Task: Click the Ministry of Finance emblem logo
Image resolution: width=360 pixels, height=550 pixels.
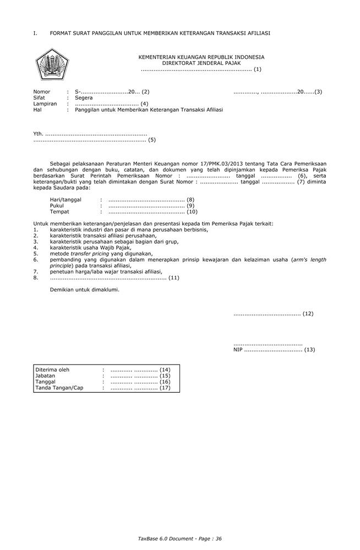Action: pos(52,64)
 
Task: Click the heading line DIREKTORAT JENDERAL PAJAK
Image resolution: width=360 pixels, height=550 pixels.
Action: pos(201,63)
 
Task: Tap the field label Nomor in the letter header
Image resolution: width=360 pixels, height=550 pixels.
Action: pos(42,92)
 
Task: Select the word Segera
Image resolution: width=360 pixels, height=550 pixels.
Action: pos(84,98)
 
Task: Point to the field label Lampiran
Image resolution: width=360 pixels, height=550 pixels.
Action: pos(45,104)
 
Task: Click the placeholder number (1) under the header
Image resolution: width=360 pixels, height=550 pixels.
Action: pos(257,69)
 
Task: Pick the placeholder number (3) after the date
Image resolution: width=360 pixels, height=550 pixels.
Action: pos(318,92)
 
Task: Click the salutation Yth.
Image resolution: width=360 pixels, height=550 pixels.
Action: pos(38,134)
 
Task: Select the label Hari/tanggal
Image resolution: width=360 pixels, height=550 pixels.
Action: pos(66,199)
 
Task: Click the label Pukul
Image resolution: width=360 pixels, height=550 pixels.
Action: pos(57,205)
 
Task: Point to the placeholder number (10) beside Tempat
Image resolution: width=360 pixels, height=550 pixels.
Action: pos(192,211)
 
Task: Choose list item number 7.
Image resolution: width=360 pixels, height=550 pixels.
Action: pos(35,272)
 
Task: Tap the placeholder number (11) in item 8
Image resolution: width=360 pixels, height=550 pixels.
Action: pos(174,278)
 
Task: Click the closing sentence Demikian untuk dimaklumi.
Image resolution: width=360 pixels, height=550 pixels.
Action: pos(84,289)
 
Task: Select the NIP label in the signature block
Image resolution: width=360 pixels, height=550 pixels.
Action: pos(238,349)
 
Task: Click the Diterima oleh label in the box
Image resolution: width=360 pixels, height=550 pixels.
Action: pos(53,370)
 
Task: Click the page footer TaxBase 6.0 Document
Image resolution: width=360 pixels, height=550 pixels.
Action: pos(162,538)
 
